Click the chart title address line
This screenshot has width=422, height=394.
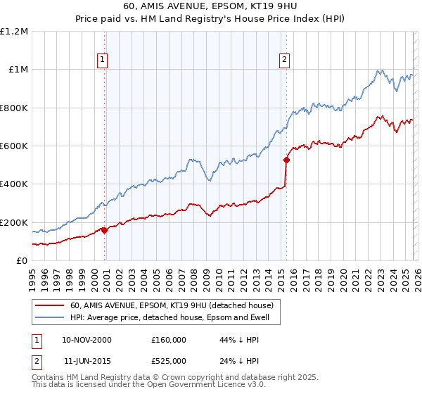pyautogui.click(x=210, y=8)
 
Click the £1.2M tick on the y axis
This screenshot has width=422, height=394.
pyautogui.click(x=14, y=32)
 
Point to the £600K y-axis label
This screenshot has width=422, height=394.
pyautogui.click(x=14, y=146)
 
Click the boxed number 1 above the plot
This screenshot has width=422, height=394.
pyautogui.click(x=103, y=61)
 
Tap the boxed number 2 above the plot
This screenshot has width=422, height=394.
pyautogui.click(x=285, y=61)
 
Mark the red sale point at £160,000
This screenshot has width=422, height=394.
pyautogui.click(x=105, y=230)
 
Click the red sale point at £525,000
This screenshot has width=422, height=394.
pyautogui.click(x=286, y=160)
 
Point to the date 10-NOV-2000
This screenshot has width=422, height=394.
pyautogui.click(x=87, y=340)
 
